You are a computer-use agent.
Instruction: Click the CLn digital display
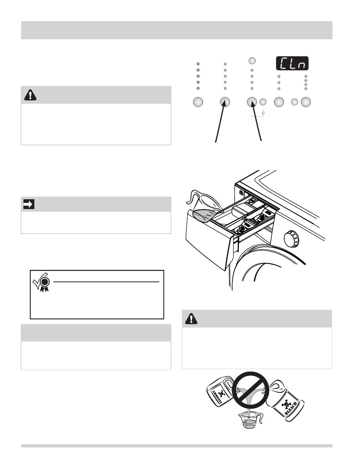point(291,63)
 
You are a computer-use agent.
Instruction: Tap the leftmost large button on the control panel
point(198,102)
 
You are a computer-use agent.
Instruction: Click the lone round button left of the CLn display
point(252,60)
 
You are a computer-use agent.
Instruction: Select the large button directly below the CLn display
point(279,102)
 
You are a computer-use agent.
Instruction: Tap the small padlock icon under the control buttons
point(263,112)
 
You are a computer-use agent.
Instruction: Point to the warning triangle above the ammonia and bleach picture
point(191,319)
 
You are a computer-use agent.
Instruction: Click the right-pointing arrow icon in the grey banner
point(29,205)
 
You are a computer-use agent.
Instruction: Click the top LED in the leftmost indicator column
point(198,64)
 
